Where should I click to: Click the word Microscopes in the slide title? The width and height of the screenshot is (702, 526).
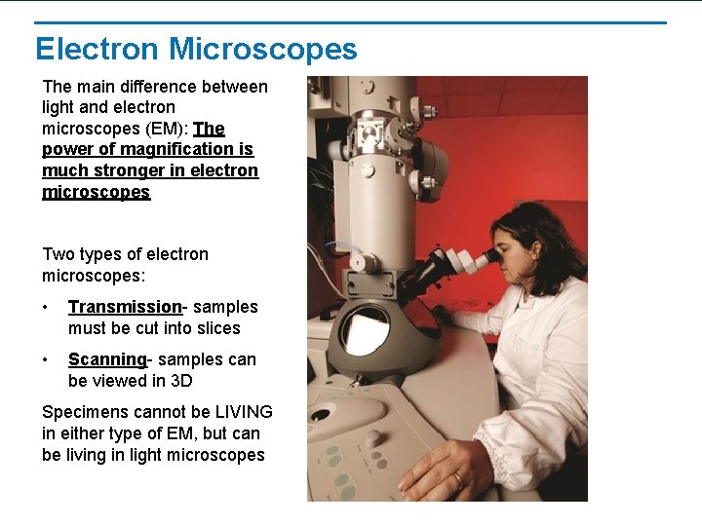coord(263,49)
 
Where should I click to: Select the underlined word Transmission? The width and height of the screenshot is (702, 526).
coord(125,307)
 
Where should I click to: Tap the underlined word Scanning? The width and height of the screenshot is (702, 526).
coord(106,359)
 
